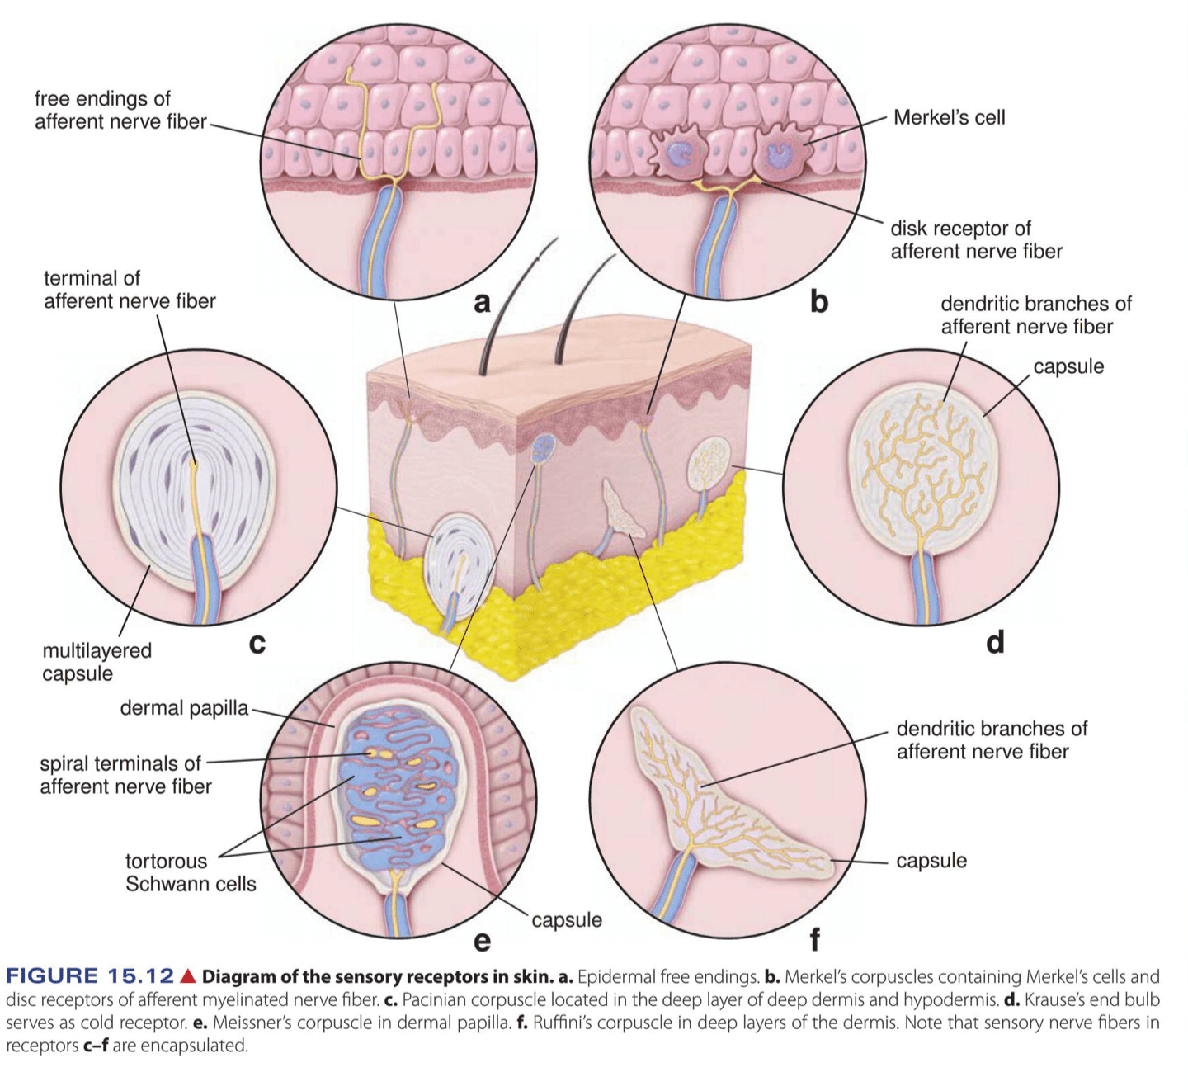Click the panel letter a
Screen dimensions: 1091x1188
pyautogui.click(x=482, y=303)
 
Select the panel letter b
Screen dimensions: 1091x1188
pyautogui.click(x=818, y=301)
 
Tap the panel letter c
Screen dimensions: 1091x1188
pyautogui.click(x=257, y=643)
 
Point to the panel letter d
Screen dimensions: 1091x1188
pyautogui.click(x=995, y=642)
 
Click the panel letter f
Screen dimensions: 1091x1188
pyautogui.click(x=815, y=939)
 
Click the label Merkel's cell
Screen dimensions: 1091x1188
pyautogui.click(x=949, y=118)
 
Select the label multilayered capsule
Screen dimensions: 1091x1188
pyautogui.click(x=97, y=662)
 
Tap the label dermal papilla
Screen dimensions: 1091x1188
pyautogui.click(x=184, y=708)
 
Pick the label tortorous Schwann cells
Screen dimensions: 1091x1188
pyautogui.click(x=191, y=872)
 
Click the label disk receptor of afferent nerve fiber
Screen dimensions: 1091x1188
pyautogui.click(x=976, y=239)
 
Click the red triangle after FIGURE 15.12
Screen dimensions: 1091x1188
pyautogui.click(x=188, y=977)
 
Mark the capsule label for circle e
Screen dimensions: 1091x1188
pyautogui.click(x=566, y=920)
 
